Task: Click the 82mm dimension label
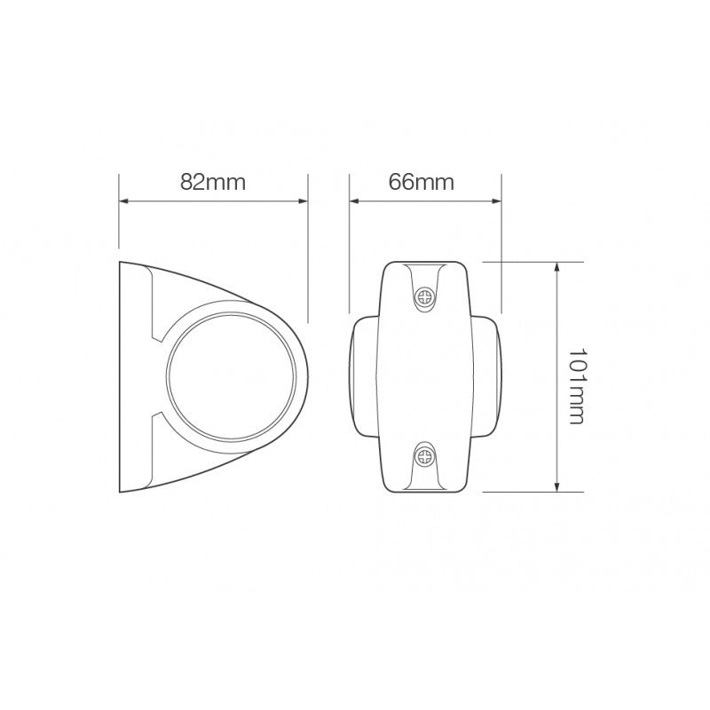(x=212, y=183)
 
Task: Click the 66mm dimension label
(x=422, y=183)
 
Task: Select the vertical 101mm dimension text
(x=574, y=376)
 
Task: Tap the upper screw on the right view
(x=426, y=297)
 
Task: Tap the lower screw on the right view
(x=426, y=459)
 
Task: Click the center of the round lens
(x=231, y=377)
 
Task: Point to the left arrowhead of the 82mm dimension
(x=123, y=201)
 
